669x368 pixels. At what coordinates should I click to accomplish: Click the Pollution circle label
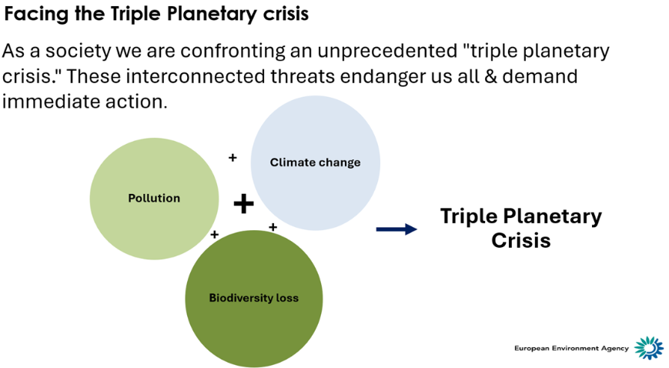pyautogui.click(x=154, y=198)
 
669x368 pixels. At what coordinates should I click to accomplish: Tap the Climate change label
pyautogui.click(x=315, y=162)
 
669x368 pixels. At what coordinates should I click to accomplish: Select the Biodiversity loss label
pyautogui.click(x=253, y=298)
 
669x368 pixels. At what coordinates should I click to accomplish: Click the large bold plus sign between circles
pyautogui.click(x=243, y=203)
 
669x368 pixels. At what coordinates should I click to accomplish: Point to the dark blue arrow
pyautogui.click(x=396, y=229)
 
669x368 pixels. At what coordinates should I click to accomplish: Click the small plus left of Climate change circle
pyautogui.click(x=232, y=158)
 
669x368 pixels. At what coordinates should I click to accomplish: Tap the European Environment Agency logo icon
pyautogui.click(x=648, y=348)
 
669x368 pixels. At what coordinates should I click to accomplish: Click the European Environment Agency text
pyautogui.click(x=571, y=349)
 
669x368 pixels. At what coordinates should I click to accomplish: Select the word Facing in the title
pyautogui.click(x=35, y=15)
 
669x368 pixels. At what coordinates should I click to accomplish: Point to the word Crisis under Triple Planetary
pyautogui.click(x=520, y=240)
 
